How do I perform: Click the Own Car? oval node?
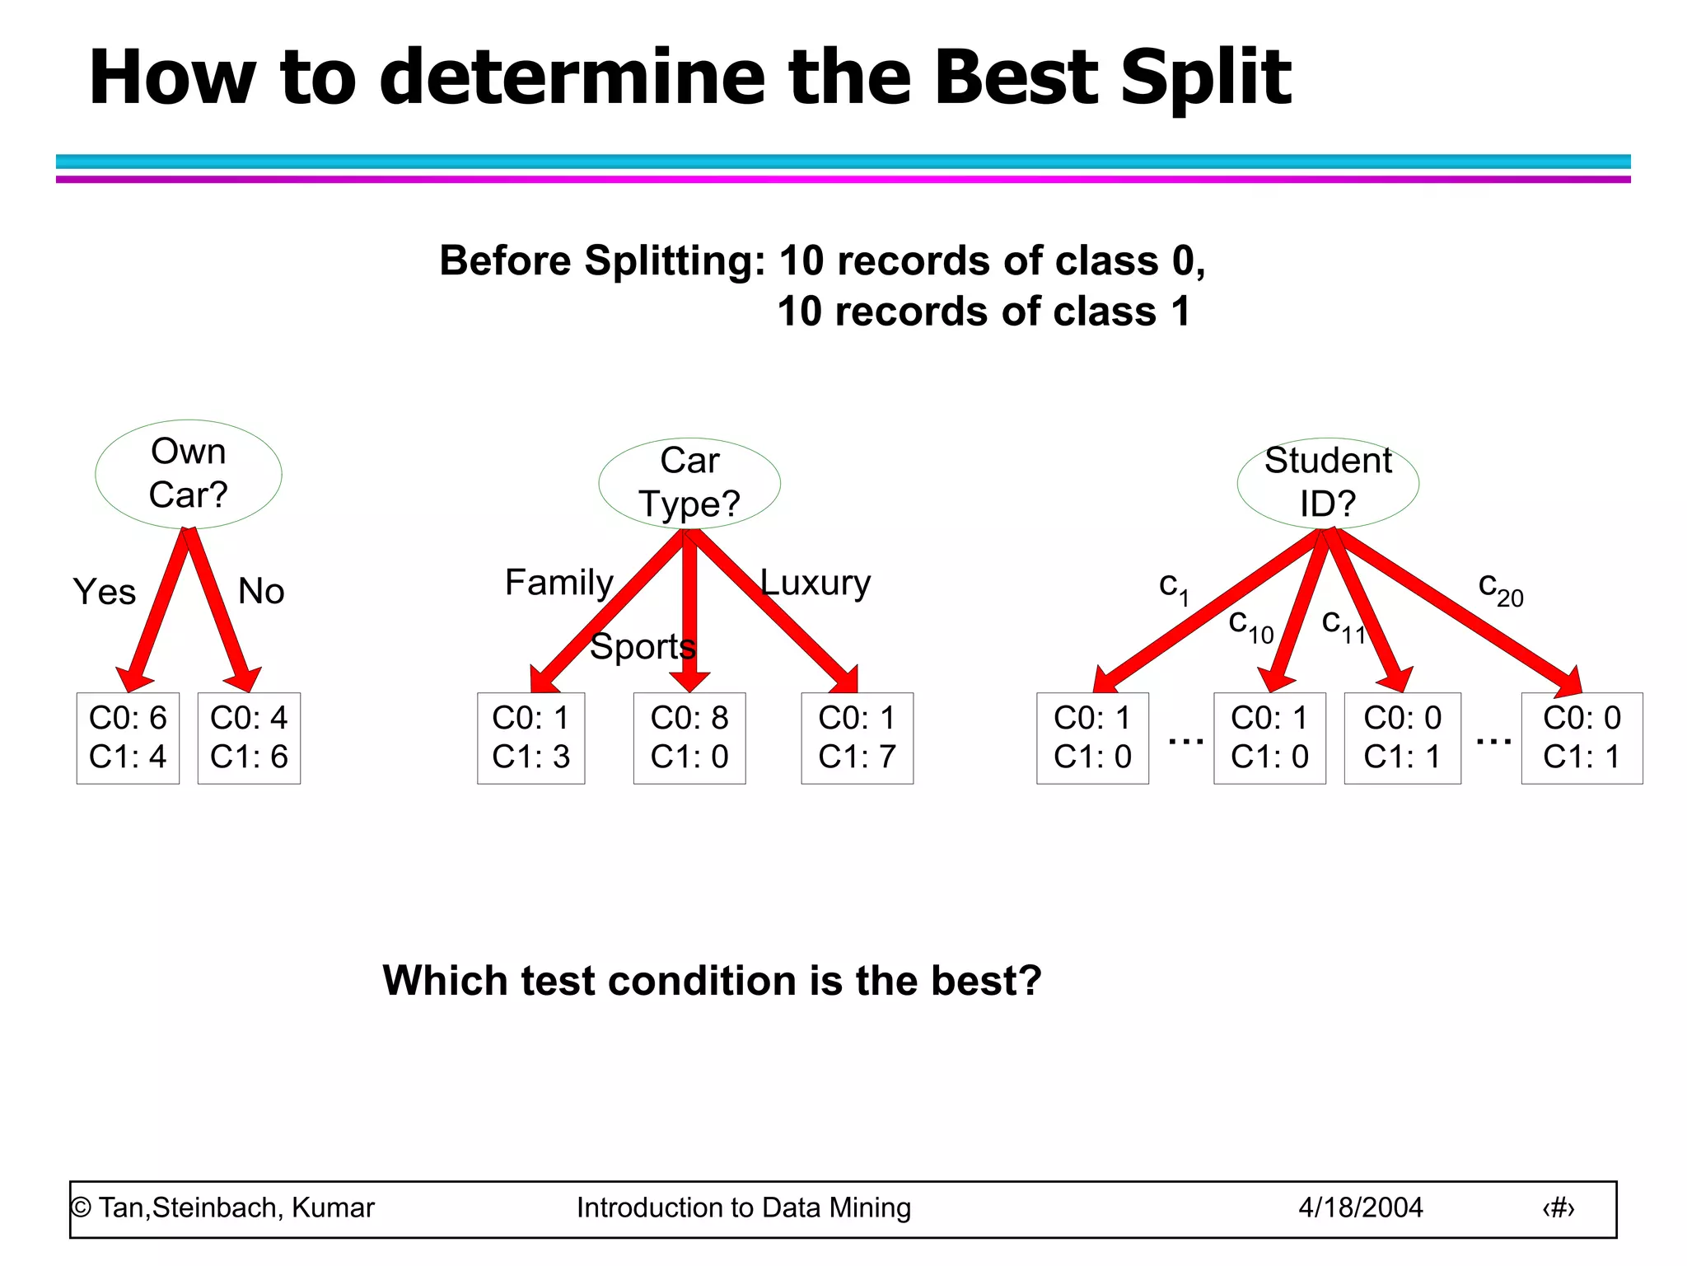coord(189,474)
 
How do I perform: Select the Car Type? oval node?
coord(689,483)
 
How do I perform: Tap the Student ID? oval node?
coord(1328,483)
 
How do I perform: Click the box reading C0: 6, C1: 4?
coord(128,738)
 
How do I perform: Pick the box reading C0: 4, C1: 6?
coord(249,738)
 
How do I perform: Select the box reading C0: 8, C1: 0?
coord(689,738)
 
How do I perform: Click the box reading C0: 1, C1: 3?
coord(531,738)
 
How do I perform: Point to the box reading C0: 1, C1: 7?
coord(857,738)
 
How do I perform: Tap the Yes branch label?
coord(105,592)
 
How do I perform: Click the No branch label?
coord(261,591)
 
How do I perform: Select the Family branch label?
coord(559,583)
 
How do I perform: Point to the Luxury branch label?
coord(815,583)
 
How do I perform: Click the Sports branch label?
coord(643,646)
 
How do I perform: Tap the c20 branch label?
coord(1500,588)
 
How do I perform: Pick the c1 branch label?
coord(1174,587)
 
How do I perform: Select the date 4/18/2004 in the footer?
coord(1361,1207)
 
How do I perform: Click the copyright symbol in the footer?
coord(81,1207)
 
